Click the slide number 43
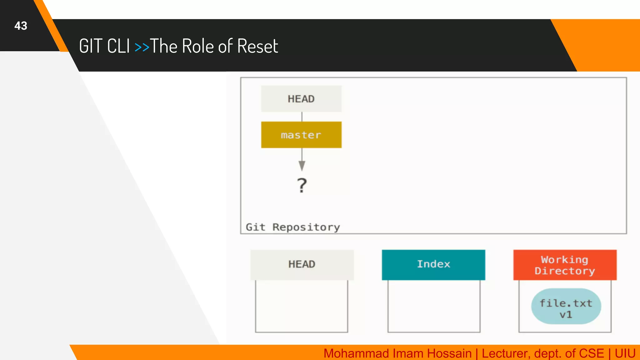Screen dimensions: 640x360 pyautogui.click(x=21, y=26)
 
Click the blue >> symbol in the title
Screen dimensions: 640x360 pyautogui.click(x=142, y=47)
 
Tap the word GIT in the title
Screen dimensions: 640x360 pyautogui.click(x=91, y=46)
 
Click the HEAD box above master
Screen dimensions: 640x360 pyautogui.click(x=301, y=99)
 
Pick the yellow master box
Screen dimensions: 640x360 pyautogui.click(x=301, y=135)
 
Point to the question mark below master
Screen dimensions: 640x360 pyautogui.click(x=302, y=185)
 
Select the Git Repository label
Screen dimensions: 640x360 pyautogui.click(x=293, y=227)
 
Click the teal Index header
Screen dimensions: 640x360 pyautogui.click(x=433, y=264)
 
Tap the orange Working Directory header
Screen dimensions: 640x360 pyautogui.click(x=565, y=265)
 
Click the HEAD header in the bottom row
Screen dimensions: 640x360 pyautogui.click(x=302, y=264)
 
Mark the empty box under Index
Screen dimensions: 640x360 pyautogui.click(x=434, y=306)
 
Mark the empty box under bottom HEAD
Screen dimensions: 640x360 pyautogui.click(x=302, y=306)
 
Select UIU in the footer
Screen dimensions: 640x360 pyautogui.click(x=625, y=353)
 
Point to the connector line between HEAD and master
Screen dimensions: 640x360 pyautogui.click(x=302, y=117)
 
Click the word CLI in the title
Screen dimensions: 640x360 pyautogui.click(x=118, y=46)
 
